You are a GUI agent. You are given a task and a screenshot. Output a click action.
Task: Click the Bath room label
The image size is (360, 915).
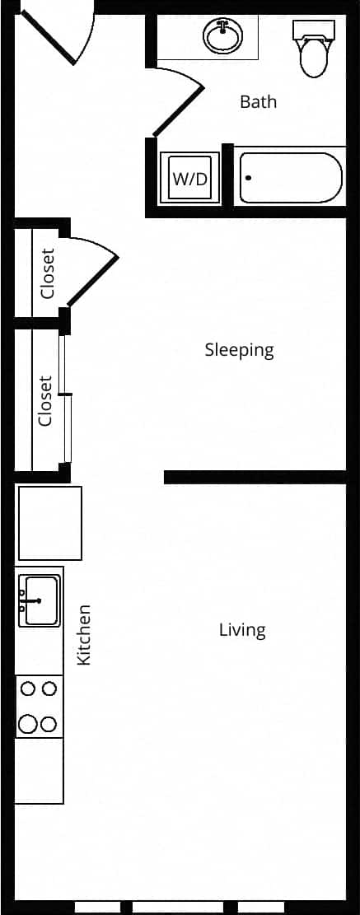tap(258, 102)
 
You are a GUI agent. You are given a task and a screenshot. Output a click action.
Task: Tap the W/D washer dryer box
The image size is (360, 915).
tap(189, 179)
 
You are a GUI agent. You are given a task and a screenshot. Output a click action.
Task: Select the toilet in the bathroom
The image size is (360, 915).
tap(314, 51)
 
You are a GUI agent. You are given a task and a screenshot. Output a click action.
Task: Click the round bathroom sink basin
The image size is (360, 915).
tap(222, 36)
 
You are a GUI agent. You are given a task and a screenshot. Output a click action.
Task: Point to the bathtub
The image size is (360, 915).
tap(290, 178)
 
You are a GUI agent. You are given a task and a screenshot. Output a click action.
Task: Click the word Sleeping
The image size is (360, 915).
tap(239, 350)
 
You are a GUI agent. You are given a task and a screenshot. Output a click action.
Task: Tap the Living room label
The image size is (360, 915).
tap(242, 630)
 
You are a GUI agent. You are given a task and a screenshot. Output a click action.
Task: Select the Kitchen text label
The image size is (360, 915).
tap(83, 635)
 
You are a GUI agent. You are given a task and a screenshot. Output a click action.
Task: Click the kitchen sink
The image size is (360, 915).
tap(39, 600)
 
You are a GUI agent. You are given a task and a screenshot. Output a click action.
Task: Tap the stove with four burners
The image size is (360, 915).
tap(39, 706)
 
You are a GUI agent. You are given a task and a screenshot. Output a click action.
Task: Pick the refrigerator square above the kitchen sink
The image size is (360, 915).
tap(49, 523)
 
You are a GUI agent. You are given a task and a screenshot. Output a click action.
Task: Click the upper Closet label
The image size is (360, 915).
tap(48, 273)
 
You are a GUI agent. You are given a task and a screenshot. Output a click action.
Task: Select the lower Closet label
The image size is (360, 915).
tap(45, 401)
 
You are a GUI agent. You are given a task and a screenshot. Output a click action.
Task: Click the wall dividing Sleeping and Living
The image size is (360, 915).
tap(255, 477)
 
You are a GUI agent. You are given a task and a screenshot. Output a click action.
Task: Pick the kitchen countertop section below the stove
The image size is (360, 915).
tap(39, 770)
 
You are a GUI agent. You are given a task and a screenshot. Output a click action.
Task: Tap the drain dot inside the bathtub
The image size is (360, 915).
tap(249, 177)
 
